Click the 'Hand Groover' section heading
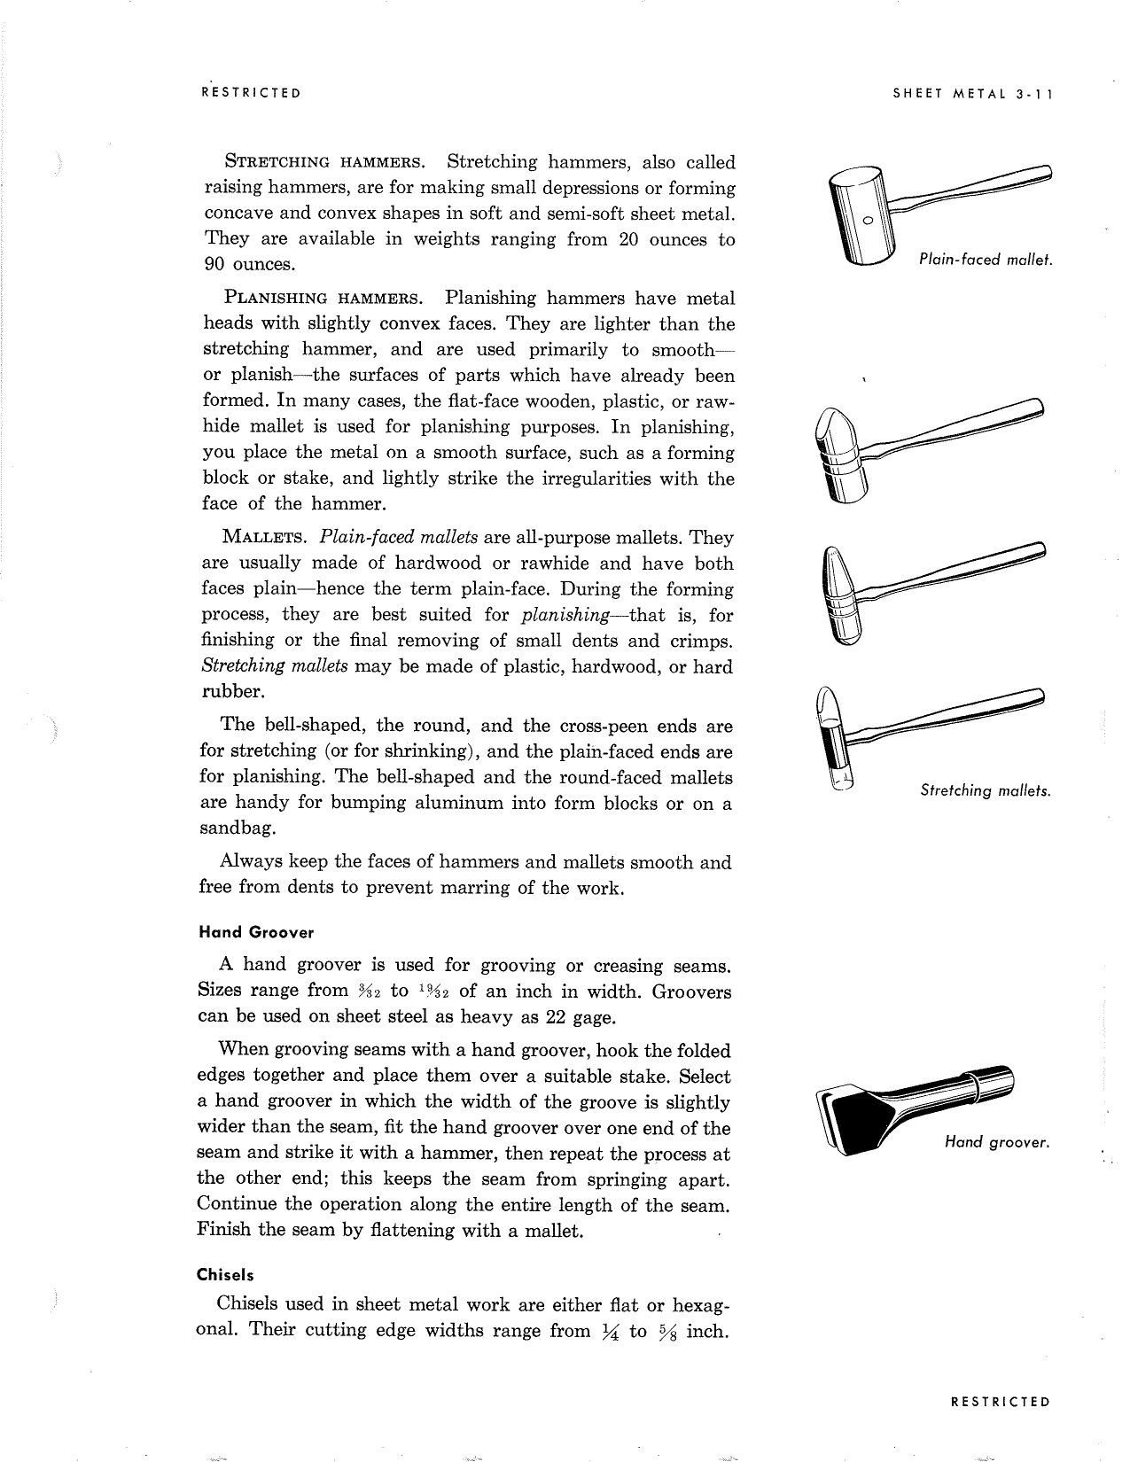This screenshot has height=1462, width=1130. point(255,932)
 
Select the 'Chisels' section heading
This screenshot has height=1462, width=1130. point(225,1275)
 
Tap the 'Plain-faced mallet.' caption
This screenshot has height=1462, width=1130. point(984,260)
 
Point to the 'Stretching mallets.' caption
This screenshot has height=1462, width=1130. point(985,789)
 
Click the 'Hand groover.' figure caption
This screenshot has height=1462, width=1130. point(996,1142)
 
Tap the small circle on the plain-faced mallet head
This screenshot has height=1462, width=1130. point(869,219)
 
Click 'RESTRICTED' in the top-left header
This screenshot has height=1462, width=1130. point(251,93)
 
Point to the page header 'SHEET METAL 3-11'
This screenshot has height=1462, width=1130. point(970,93)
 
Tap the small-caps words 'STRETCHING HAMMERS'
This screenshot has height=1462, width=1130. point(323,163)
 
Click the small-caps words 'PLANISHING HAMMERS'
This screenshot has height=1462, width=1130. point(323,299)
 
